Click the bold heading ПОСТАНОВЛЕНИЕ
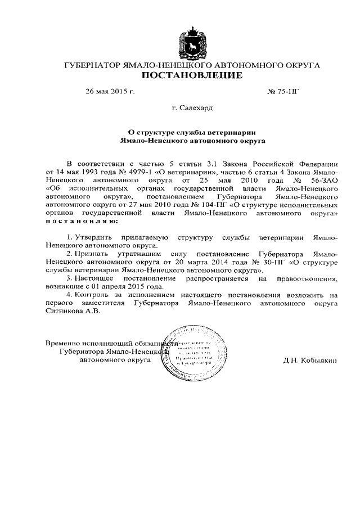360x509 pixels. pyautogui.click(x=192, y=76)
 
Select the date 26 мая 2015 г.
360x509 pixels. pyautogui.click(x=110, y=91)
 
